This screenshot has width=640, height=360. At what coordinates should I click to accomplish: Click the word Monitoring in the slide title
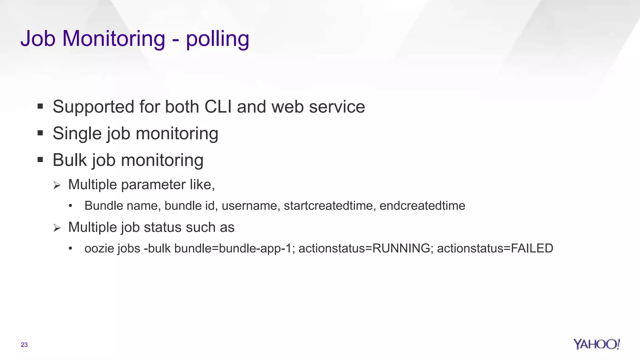point(114,38)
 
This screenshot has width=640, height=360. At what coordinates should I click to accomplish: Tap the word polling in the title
point(217,39)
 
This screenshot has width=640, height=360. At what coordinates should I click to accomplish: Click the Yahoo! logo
point(597,344)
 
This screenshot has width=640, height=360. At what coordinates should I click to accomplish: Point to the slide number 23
point(24,345)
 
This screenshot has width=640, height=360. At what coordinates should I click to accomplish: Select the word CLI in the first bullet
point(218,107)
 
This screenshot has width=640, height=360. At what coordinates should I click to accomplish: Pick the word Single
point(77,134)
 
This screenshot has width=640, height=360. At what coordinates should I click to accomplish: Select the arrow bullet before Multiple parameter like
point(57,185)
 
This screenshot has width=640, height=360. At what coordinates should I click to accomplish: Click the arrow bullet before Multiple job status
point(57,228)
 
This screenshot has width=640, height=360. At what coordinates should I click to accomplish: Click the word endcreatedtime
point(422,206)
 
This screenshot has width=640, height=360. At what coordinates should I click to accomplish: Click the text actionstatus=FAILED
point(495,248)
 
